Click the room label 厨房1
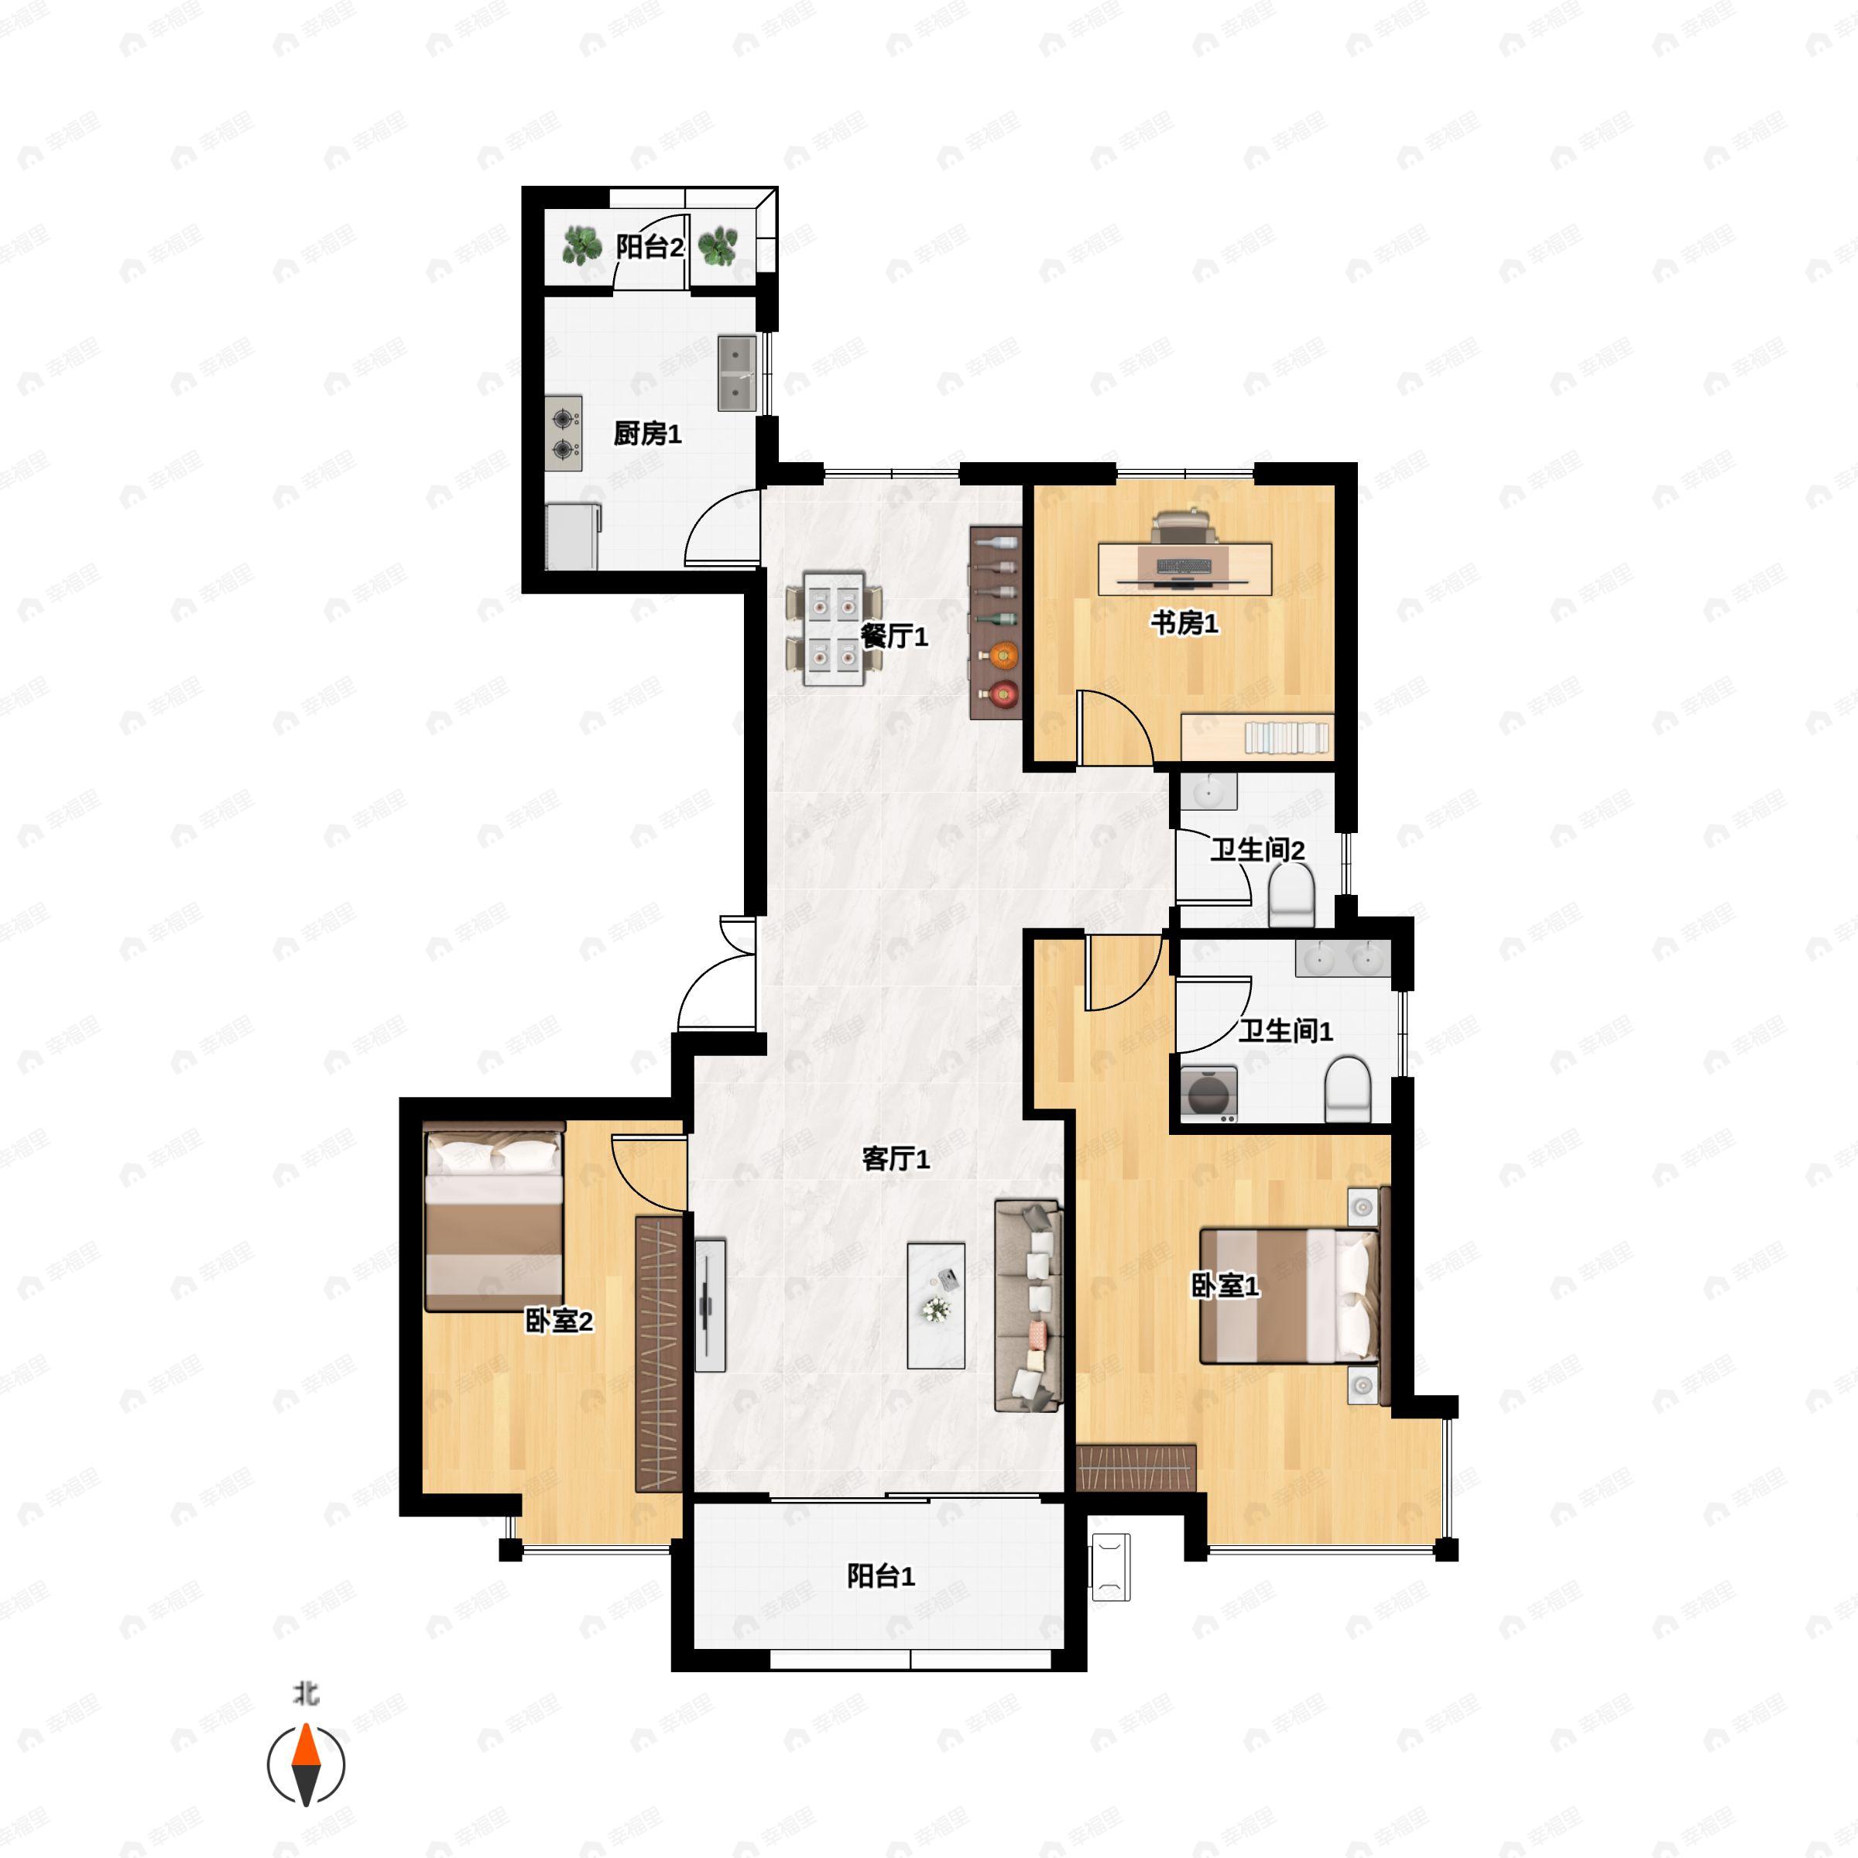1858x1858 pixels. coord(647,434)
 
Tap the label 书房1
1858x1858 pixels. coord(1184,623)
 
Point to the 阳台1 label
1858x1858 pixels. coord(880,1575)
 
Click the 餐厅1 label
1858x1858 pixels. coord(893,636)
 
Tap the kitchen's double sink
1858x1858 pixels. coord(737,373)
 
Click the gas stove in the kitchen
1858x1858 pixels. coord(564,434)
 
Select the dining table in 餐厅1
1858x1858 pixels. coord(833,629)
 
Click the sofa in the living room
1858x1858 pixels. coord(1028,1305)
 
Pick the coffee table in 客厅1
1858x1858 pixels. coord(936,1305)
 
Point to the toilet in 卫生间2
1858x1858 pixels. coord(1291,893)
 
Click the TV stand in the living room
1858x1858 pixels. coord(710,1305)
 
